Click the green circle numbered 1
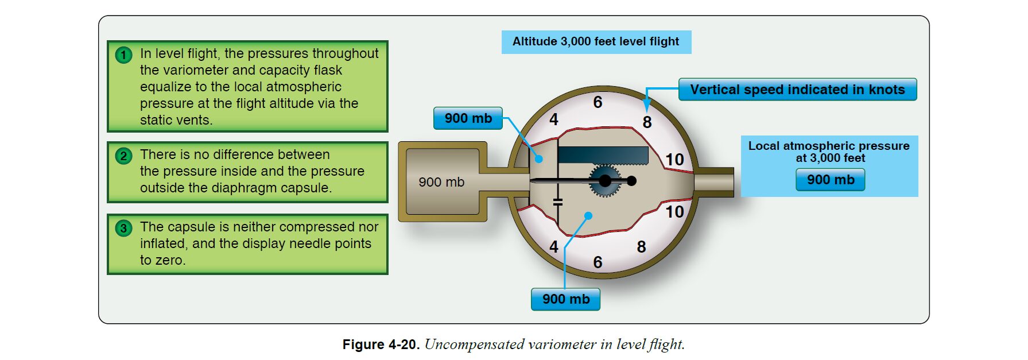pyautogui.click(x=123, y=55)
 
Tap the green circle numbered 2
pyautogui.click(x=123, y=156)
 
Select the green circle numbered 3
pyautogui.click(x=123, y=228)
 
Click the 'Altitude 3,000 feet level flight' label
pyautogui.click(x=596, y=42)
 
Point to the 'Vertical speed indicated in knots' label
pyautogui.click(x=797, y=90)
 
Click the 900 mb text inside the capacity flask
pyautogui.click(x=441, y=182)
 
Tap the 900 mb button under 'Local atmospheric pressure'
pyautogui.click(x=830, y=180)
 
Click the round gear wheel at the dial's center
pyautogui.click(x=604, y=181)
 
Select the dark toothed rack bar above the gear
pyautogui.click(x=603, y=155)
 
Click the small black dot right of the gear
pyautogui.click(x=631, y=181)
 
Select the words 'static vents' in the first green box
pyautogui.click(x=175, y=120)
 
